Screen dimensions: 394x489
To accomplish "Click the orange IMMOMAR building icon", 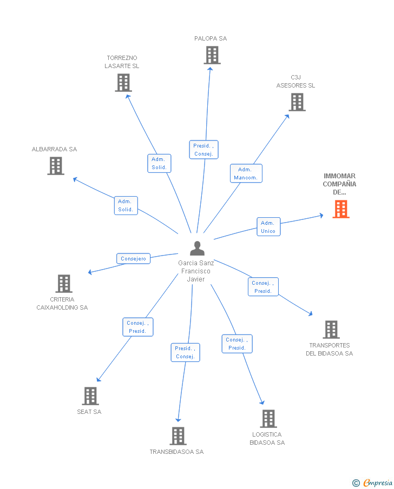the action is click(x=340, y=209).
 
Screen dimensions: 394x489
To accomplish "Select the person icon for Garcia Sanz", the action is click(x=197, y=249).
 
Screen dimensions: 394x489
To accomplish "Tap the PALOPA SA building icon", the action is click(x=212, y=55).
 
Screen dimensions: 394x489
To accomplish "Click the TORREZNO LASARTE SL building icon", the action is click(x=123, y=83).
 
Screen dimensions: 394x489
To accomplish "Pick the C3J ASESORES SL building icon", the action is click(x=297, y=102).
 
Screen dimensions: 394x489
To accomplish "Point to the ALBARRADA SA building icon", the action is click(x=56, y=166).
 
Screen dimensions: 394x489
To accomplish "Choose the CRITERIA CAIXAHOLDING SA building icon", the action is click(x=64, y=284).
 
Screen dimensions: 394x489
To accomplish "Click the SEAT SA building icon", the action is click(x=90, y=396).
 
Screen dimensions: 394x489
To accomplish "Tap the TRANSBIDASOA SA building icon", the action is click(x=178, y=436).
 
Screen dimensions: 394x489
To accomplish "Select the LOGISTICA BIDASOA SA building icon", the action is click(x=268, y=419).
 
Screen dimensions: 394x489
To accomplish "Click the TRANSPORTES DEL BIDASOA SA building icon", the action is click(x=331, y=330).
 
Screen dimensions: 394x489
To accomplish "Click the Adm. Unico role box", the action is click(x=268, y=227).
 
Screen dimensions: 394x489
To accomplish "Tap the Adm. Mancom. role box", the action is click(x=246, y=173).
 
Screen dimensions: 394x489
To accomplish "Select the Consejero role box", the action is click(x=133, y=259).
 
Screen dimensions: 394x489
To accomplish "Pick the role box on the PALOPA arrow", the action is click(x=203, y=150).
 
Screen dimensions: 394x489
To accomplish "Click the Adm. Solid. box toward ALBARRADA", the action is click(x=126, y=205).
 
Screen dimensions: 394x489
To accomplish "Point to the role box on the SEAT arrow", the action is click(x=137, y=327).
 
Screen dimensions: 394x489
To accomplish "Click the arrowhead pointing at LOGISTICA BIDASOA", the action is click(x=262, y=402).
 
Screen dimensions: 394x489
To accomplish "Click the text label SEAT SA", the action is click(x=89, y=412).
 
